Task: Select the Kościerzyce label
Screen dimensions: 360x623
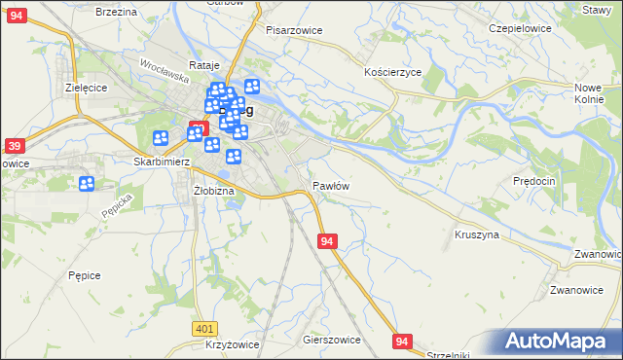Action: [392, 73]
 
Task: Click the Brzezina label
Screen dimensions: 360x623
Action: [116, 11]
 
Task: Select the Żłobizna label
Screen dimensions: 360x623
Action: [213, 191]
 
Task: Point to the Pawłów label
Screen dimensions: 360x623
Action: [331, 185]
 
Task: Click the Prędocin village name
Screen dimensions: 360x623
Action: [533, 181]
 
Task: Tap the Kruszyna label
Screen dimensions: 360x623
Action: [477, 234]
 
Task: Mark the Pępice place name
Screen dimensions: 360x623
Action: [85, 275]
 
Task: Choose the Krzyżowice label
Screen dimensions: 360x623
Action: [232, 346]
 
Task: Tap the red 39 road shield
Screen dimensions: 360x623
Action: [14, 146]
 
